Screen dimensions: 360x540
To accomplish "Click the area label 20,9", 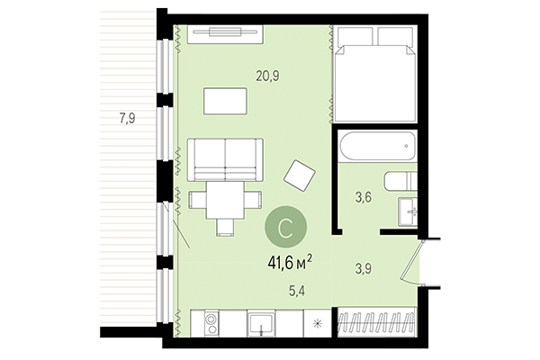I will pos(267,76).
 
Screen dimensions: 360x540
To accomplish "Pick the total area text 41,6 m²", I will pos(289,262).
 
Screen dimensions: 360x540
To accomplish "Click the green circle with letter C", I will pos(283,229).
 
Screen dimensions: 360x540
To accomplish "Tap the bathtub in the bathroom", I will pos(376,145).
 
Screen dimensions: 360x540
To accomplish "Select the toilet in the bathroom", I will pos(396,181).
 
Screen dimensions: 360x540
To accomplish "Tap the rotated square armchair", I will pos(300,174).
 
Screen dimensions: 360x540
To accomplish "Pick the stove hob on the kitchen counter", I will pos(211,323).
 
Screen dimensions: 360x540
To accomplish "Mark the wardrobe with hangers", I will pos(377,323).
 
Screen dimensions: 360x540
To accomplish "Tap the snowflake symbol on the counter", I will pos(317,323).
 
